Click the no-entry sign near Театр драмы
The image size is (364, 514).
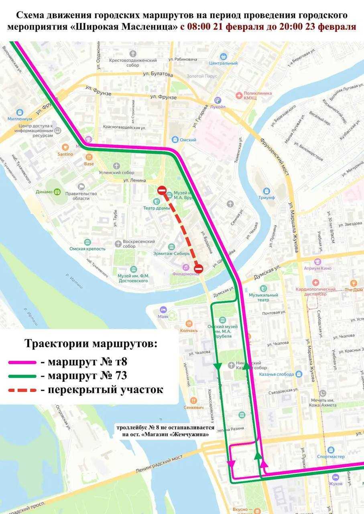(162, 190)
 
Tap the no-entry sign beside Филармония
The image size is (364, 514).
(198, 268)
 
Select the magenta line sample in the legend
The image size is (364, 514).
(22, 362)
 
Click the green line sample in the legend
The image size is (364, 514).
(22, 376)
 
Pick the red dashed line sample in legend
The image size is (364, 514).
(22, 390)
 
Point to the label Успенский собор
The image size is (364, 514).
(116, 172)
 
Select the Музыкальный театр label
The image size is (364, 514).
(263, 297)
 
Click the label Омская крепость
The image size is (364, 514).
(87, 249)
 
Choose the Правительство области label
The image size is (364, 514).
(85, 196)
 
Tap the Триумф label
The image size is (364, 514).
(266, 198)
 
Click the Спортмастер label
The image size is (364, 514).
(331, 457)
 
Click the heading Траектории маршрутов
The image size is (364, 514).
(91, 344)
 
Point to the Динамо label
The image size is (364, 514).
(44, 192)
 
